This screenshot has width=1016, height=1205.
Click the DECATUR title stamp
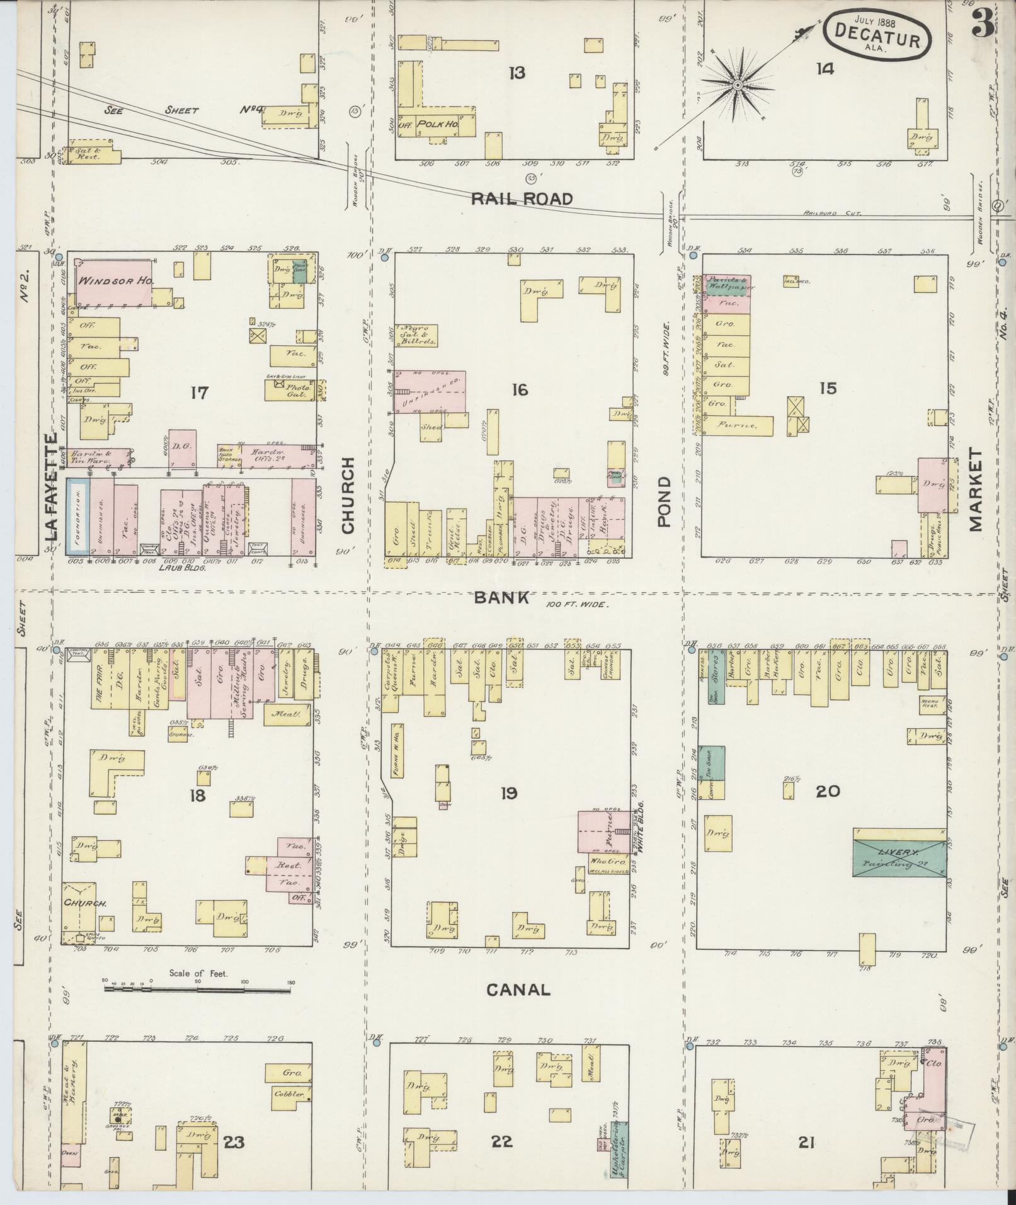tap(876, 35)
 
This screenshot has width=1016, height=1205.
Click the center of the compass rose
tap(737, 84)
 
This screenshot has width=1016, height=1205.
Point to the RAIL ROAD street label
tap(522, 200)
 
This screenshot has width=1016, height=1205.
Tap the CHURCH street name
tap(348, 495)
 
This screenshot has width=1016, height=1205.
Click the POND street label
tap(665, 501)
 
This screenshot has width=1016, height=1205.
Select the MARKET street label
tap(976, 489)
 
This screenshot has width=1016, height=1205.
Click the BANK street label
tap(510, 598)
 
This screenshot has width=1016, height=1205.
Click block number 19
tap(509, 793)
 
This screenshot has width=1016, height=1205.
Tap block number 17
tap(199, 393)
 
